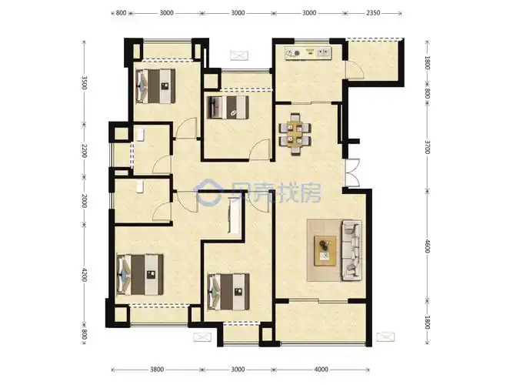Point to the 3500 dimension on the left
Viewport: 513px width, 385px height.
tap(86, 82)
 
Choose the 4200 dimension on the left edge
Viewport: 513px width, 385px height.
tap(86, 275)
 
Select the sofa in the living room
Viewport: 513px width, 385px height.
tap(352, 248)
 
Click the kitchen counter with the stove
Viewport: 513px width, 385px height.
tap(307, 53)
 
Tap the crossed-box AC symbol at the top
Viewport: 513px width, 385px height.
tap(238, 54)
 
